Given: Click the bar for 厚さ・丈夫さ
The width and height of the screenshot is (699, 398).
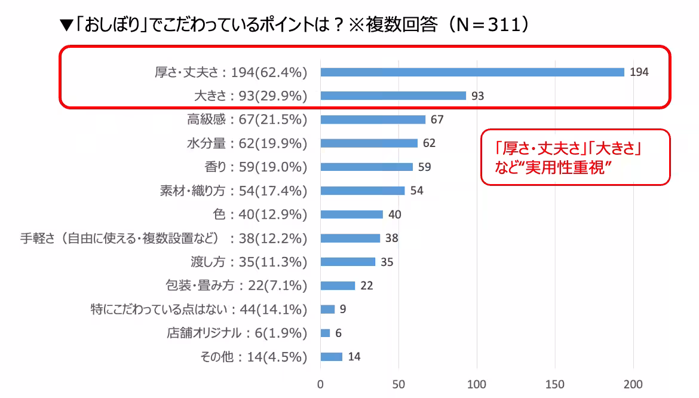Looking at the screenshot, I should [x=472, y=72].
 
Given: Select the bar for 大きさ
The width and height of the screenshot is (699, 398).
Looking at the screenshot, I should [x=393, y=96].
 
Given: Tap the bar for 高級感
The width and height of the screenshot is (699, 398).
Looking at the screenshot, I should [x=373, y=120].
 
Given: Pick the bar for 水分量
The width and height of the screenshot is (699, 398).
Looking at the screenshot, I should [x=369, y=143].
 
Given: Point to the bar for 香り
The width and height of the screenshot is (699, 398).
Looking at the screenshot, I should [x=366, y=167].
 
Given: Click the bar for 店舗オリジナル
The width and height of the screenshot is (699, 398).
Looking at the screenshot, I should [x=325, y=333].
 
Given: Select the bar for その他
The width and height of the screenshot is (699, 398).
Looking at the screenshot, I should [x=331, y=357].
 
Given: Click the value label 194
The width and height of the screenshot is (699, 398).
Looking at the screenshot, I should [x=639, y=72].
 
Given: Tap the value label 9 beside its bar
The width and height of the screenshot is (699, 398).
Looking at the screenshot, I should [x=343, y=310].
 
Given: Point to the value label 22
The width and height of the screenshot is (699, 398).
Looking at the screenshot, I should [x=366, y=286].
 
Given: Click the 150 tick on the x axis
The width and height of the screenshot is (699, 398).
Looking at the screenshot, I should [x=555, y=384].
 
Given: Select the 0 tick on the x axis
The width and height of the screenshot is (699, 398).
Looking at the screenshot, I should [x=321, y=384].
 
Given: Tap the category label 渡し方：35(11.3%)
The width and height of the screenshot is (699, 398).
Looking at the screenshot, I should [x=247, y=262].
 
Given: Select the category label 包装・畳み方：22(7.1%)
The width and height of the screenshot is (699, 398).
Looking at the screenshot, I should [x=235, y=286].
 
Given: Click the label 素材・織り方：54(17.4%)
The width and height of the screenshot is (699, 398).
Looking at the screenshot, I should [x=233, y=191].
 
